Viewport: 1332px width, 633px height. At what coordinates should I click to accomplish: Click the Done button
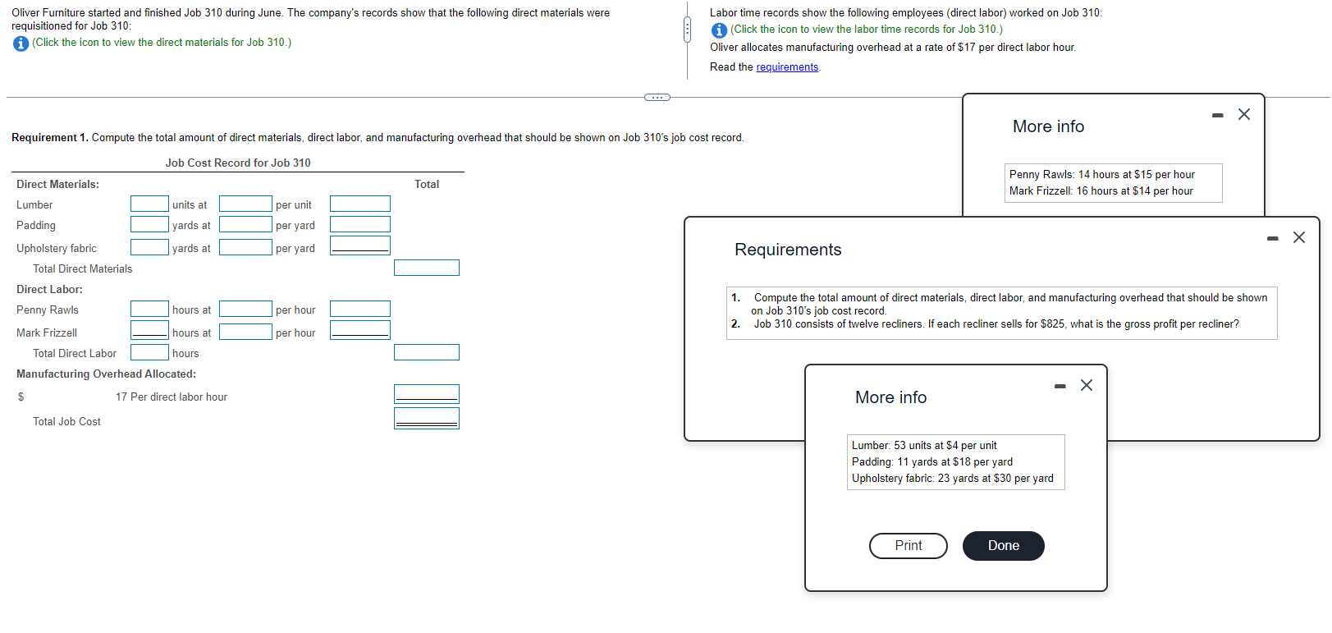(1003, 546)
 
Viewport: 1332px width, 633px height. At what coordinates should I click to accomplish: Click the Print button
(908, 546)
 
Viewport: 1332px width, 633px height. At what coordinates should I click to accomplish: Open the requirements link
(787, 67)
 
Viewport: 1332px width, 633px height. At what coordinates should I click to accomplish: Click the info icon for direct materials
(21, 44)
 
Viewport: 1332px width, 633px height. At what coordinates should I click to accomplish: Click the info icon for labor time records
(719, 30)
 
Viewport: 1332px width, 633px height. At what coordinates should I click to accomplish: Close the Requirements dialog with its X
(1298, 237)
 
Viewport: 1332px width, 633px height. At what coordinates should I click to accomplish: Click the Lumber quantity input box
(149, 204)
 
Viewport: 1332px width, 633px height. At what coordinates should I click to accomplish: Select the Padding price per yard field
(245, 224)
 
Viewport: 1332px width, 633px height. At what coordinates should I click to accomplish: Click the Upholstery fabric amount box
(359, 245)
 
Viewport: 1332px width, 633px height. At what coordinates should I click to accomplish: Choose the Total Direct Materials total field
(426, 268)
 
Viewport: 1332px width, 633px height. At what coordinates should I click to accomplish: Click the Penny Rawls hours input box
(149, 309)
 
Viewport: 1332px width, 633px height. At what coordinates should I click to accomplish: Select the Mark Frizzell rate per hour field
(245, 332)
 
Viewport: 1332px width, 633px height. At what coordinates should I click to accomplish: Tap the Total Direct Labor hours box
(149, 352)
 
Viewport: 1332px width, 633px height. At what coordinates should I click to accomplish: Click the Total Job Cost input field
(426, 419)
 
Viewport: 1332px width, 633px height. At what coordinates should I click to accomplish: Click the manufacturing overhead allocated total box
(426, 394)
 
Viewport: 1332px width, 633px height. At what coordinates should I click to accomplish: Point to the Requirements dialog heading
(788, 250)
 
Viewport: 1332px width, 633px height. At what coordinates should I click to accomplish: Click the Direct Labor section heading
(49, 290)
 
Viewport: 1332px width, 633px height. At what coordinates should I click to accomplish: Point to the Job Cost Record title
(238, 163)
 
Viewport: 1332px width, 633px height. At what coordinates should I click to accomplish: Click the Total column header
(427, 185)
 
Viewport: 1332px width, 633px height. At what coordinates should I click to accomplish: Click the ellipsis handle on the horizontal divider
(657, 98)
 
